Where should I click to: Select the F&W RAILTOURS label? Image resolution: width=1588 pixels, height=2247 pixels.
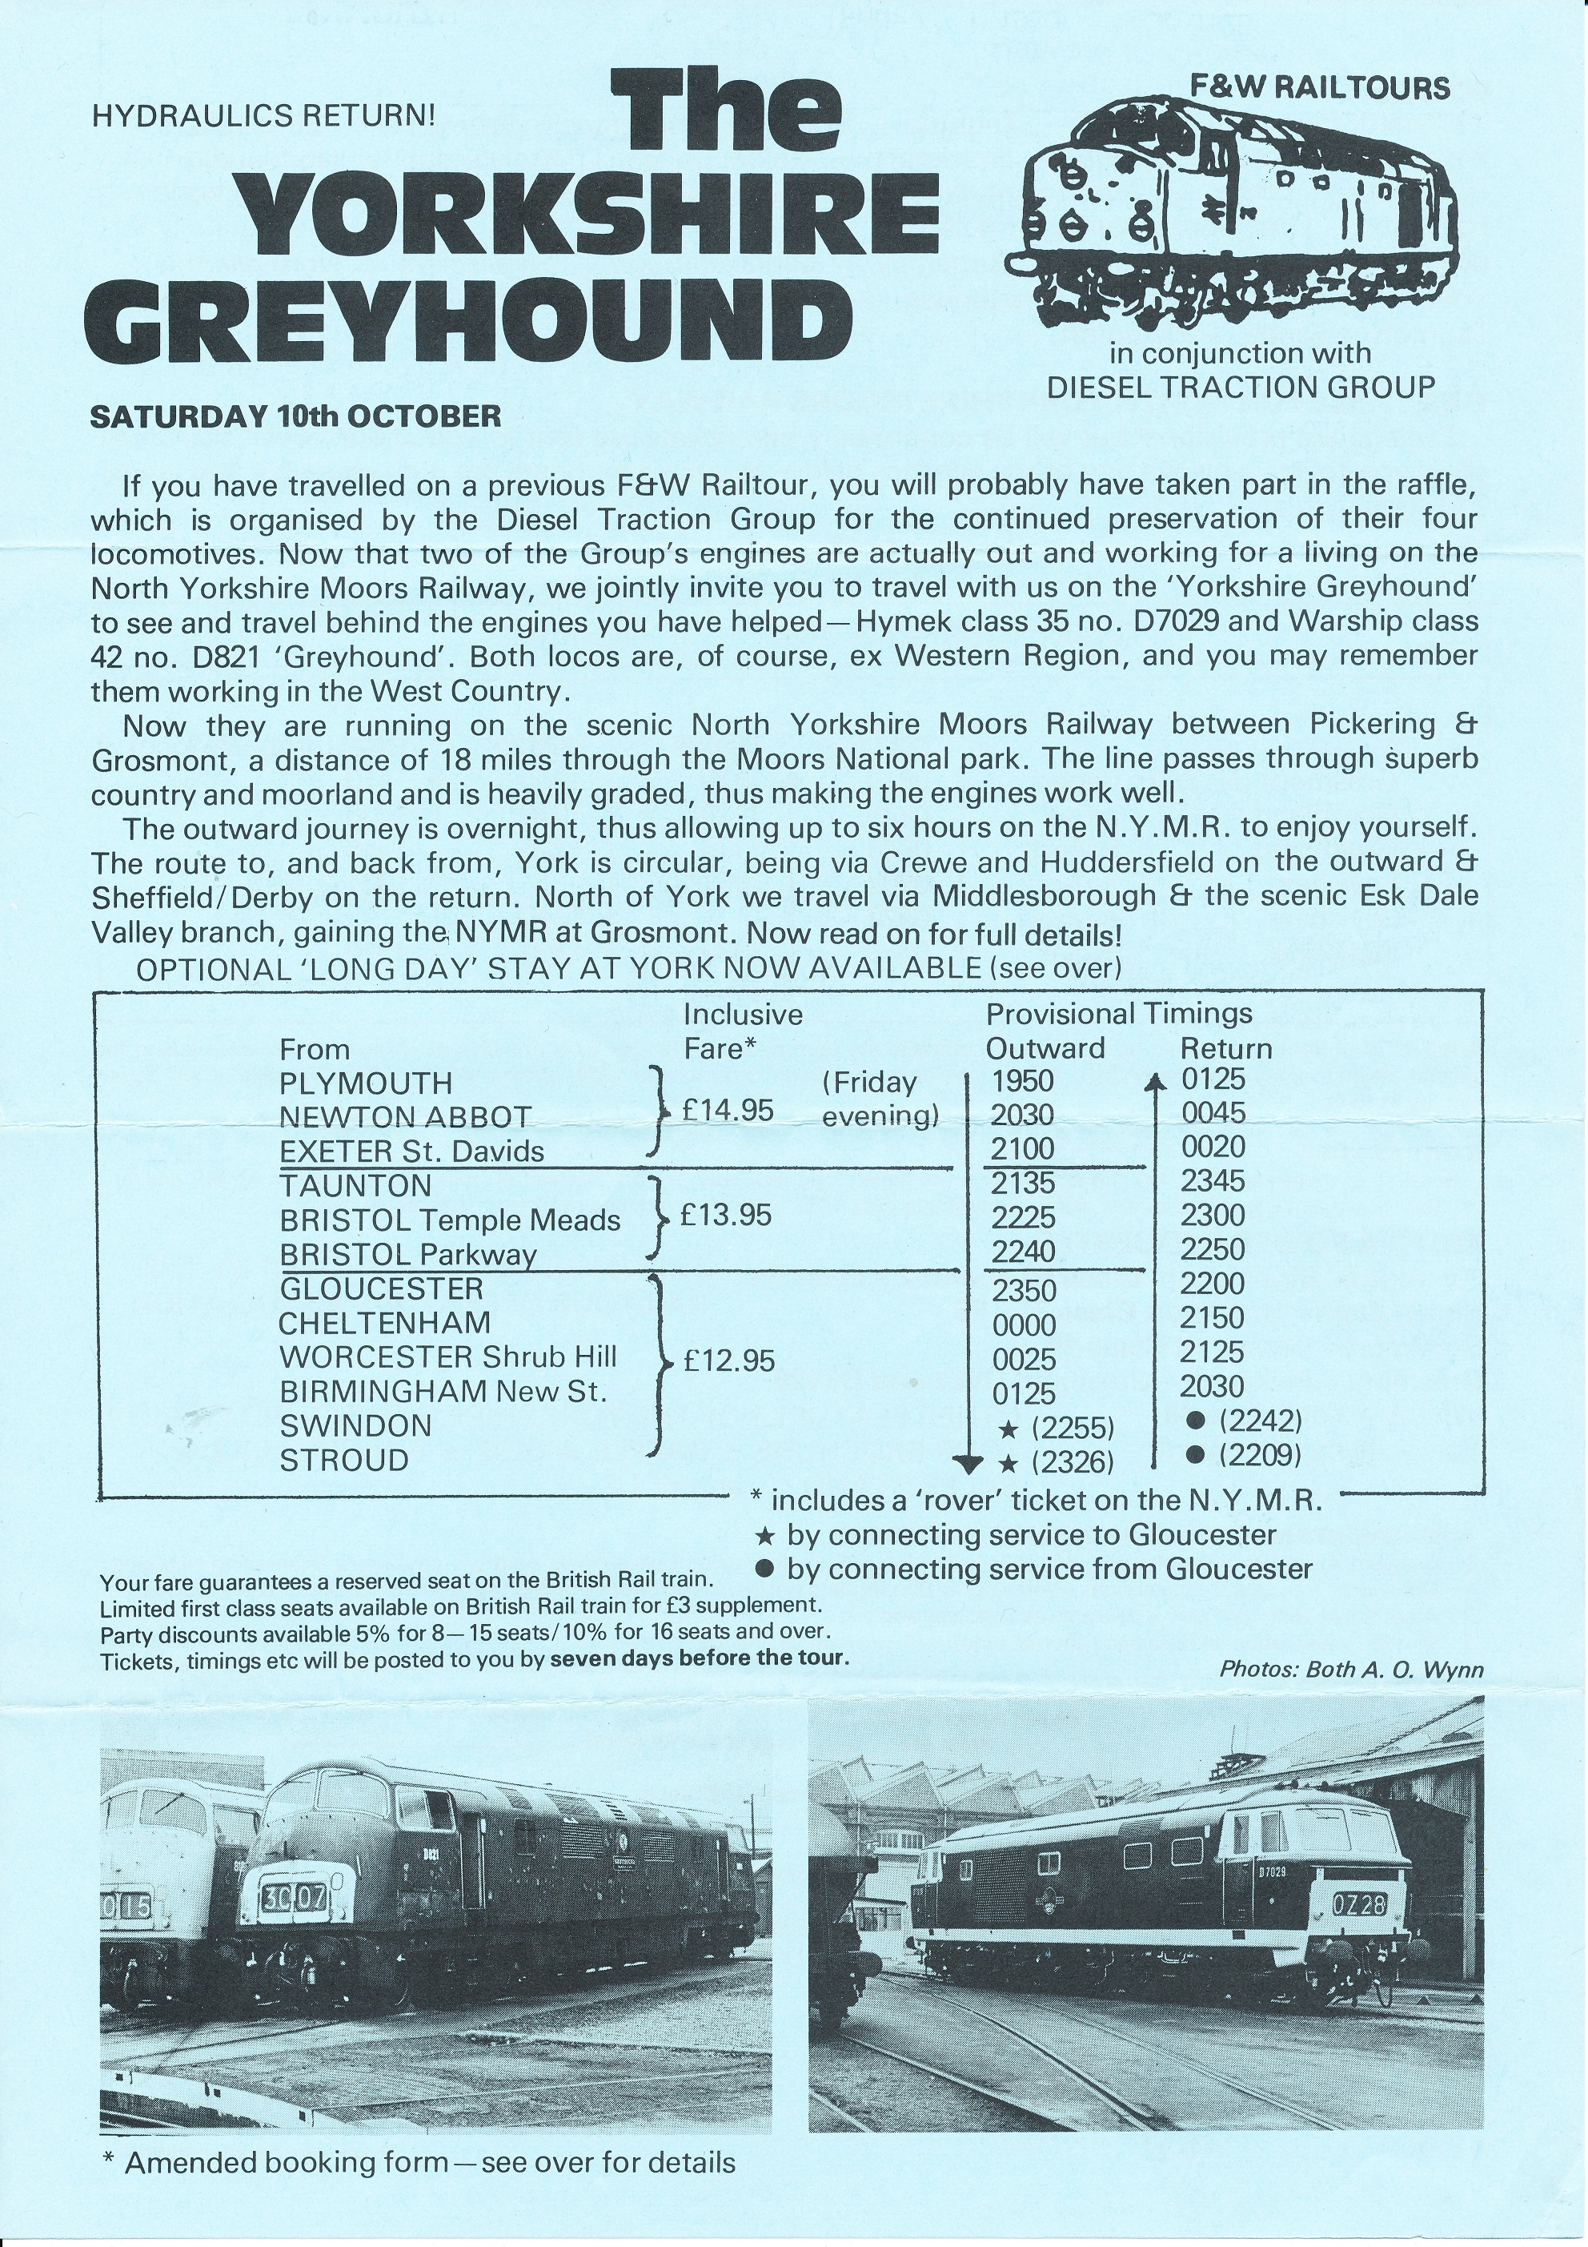[1320, 89]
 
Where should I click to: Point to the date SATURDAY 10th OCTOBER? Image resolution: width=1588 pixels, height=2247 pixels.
[295, 416]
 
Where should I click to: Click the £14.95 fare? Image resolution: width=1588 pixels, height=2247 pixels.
[728, 1110]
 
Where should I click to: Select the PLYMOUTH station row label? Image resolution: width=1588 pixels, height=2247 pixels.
[366, 1083]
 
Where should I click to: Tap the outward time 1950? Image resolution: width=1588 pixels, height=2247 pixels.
[1022, 1080]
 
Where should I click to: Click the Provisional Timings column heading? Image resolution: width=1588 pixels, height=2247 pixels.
[1118, 1014]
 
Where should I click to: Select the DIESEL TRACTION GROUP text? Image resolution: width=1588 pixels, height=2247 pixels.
[1241, 388]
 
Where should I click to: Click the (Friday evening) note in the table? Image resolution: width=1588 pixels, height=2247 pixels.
[880, 1098]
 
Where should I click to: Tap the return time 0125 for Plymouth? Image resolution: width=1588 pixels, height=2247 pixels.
[1213, 1079]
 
